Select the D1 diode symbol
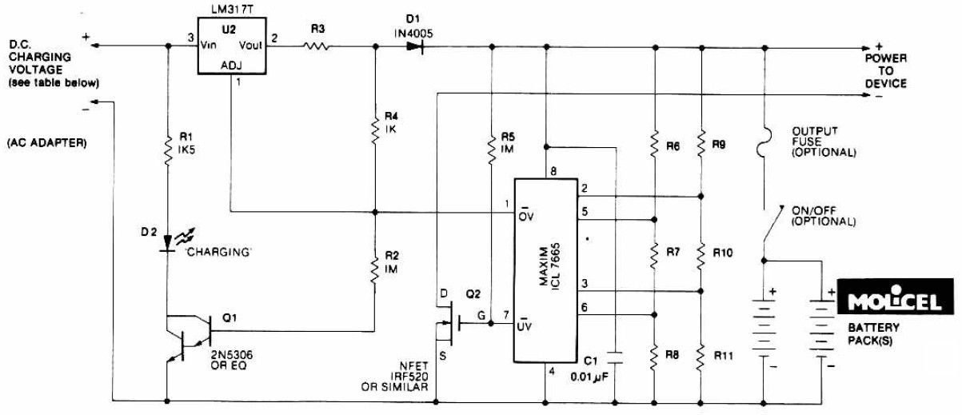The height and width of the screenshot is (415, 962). [414, 47]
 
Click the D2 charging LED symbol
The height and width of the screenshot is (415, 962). [168, 241]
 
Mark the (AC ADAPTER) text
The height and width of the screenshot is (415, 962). [46, 143]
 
